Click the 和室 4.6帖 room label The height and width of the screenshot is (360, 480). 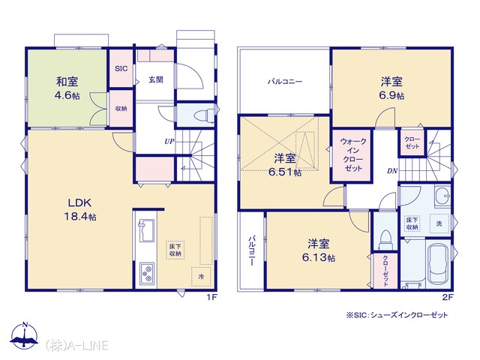click(x=67, y=88)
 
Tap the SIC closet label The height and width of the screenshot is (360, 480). click(x=121, y=68)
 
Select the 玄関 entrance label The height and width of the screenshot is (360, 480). click(x=156, y=80)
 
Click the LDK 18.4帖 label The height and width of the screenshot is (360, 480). click(x=80, y=210)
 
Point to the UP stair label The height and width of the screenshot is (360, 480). click(x=169, y=142)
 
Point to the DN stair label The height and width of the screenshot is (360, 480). click(x=392, y=171)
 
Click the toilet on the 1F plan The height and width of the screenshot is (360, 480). click(x=204, y=115)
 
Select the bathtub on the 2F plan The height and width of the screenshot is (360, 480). click(x=439, y=264)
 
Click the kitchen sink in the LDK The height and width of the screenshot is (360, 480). click(x=147, y=230)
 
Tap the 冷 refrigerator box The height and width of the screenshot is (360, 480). click(x=201, y=277)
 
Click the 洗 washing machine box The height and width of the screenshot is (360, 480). click(x=439, y=223)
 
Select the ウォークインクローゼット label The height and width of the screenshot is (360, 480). click(x=353, y=154)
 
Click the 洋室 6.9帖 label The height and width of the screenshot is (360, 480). click(x=391, y=88)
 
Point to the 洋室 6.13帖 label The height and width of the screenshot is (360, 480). click(x=319, y=250)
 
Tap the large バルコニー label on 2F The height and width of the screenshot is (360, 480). click(x=285, y=82)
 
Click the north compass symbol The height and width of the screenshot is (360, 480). click(x=24, y=335)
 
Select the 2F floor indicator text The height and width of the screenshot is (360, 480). click(x=448, y=297)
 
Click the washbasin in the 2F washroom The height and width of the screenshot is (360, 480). click(x=442, y=196)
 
